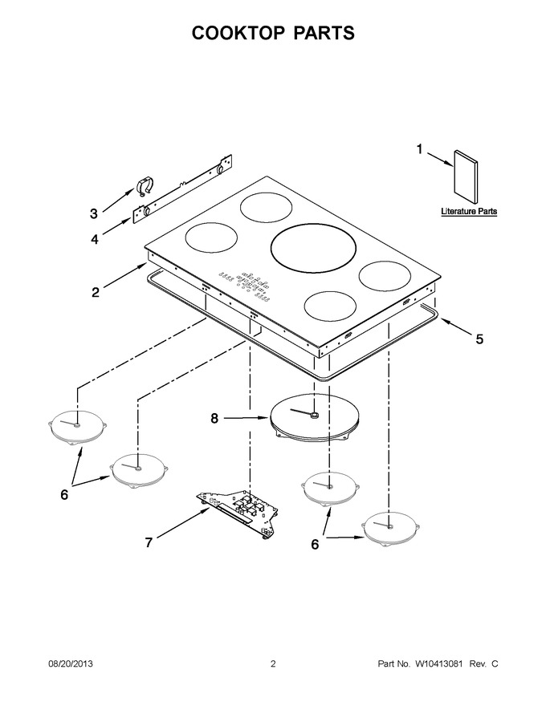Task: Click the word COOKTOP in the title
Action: pos(238,33)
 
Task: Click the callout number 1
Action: pos(419,149)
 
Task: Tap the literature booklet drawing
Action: pos(466,177)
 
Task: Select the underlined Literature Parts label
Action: pos(469,211)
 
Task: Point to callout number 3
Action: pos(94,213)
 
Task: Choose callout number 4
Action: pos(95,239)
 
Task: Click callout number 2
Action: pos(96,292)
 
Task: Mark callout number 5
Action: pos(479,339)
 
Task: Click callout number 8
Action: pos(214,418)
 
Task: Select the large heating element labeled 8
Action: pos(315,417)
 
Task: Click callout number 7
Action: pos(149,542)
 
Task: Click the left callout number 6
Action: pos(64,494)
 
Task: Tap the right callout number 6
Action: pos(315,544)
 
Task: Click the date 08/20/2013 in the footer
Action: pos(71,663)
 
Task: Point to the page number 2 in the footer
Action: pos(273,663)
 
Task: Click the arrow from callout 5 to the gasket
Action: pos(456,326)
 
